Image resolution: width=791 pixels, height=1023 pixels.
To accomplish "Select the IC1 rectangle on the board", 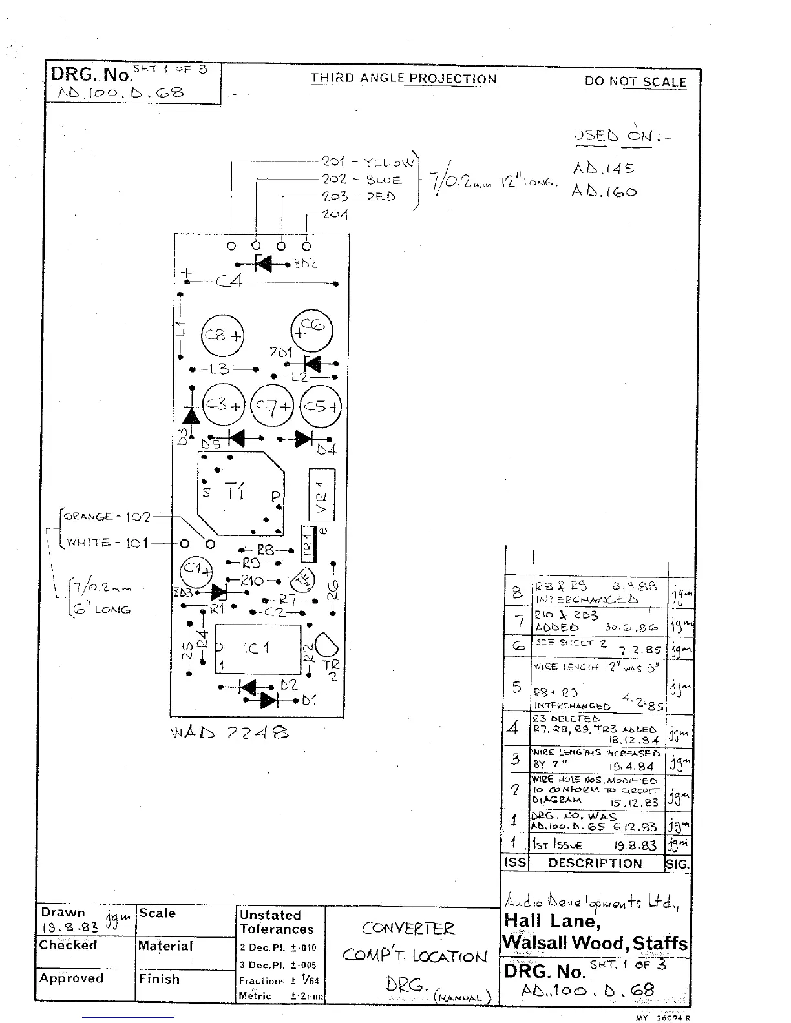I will coord(257,648).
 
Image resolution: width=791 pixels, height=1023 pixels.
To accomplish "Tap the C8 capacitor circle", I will coord(222,335).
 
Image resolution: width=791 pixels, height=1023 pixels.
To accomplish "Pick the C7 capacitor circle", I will coord(271,406).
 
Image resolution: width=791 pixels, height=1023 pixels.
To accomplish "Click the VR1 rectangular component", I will coord(322,493).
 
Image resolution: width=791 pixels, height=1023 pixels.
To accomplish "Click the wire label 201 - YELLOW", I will coord(368,162).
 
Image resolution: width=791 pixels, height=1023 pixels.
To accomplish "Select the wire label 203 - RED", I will coord(359,196).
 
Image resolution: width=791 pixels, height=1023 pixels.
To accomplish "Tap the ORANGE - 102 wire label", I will coord(107,517).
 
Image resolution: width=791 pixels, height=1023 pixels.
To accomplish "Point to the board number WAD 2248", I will coord(229,732).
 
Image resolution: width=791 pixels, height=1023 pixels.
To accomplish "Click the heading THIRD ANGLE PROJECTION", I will coord(403,79).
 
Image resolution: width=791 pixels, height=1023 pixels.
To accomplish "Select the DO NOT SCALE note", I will coord(635,81).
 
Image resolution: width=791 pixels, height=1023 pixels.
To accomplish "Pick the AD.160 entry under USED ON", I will coord(604,192).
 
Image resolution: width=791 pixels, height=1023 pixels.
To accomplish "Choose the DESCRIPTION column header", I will coord(595,863).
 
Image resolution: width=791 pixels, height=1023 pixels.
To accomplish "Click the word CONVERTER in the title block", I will coord(408,928).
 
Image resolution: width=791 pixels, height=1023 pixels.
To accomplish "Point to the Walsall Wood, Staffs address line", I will coord(595,943).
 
